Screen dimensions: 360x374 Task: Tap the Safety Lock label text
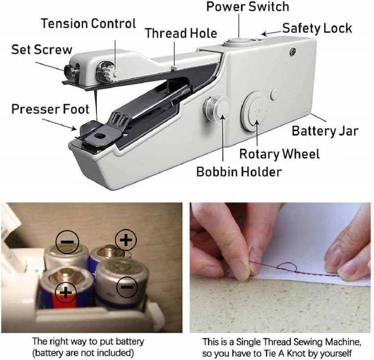click(x=317, y=28)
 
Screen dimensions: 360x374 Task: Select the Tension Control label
click(x=89, y=23)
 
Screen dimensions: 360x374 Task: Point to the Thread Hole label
click(x=181, y=33)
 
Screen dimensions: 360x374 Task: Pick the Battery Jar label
click(x=325, y=131)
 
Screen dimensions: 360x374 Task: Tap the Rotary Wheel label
click(x=279, y=154)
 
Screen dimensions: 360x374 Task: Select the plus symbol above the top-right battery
click(x=126, y=240)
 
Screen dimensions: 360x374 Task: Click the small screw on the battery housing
click(x=294, y=53)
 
